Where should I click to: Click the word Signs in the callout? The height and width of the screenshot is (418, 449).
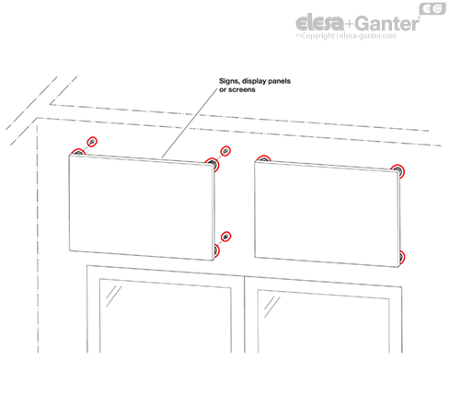point(229,81)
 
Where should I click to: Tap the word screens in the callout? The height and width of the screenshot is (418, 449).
point(242,89)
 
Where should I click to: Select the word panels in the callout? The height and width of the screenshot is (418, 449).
point(279,81)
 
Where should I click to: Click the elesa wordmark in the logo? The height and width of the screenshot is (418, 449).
point(320,23)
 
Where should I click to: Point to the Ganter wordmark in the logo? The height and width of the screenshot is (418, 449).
point(387,23)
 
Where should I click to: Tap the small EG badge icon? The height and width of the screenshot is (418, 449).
point(432,8)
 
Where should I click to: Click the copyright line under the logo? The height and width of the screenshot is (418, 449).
point(346,36)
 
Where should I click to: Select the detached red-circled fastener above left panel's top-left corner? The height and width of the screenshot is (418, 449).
point(92,142)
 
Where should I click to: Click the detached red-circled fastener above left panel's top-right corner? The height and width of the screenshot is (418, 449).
point(225,151)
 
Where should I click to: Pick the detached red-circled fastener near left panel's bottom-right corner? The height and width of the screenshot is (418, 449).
point(225,237)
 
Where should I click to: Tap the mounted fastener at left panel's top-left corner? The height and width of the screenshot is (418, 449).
point(77,152)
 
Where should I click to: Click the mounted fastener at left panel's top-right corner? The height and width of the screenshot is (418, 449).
point(213,164)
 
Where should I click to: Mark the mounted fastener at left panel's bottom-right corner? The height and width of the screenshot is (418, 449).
point(216,250)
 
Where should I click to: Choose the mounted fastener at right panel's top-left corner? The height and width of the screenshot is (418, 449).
point(263,158)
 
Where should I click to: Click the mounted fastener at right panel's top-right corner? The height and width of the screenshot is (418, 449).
point(398,170)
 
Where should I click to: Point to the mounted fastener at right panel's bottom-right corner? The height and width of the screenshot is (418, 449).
point(401,257)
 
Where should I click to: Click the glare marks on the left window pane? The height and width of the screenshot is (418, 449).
point(113,296)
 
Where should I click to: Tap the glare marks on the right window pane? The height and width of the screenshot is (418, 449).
point(271,307)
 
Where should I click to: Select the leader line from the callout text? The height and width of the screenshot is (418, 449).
point(190,123)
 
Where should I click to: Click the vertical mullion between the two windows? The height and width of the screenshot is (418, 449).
point(245,314)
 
